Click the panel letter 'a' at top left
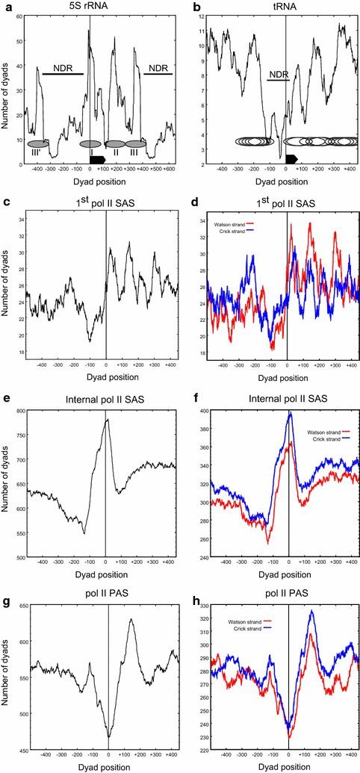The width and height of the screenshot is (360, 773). pyautogui.click(x=4, y=6)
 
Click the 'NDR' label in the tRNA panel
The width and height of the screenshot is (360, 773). pyautogui.click(x=277, y=74)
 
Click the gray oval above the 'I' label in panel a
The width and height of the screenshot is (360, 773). pyautogui.click(x=90, y=143)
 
